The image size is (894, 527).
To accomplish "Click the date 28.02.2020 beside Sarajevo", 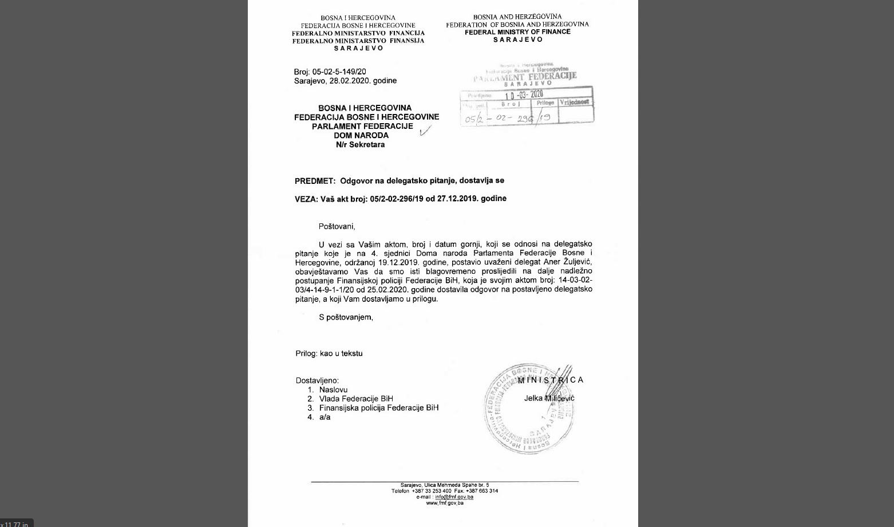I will [x=350, y=81].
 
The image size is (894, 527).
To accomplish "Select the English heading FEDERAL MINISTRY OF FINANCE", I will [x=517, y=32].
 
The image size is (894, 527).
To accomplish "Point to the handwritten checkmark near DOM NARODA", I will [x=425, y=131].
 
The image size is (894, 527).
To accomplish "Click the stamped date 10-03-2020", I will [x=523, y=95].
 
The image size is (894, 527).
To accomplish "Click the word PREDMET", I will [x=314, y=180].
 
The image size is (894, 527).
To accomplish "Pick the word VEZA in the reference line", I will [x=306, y=199].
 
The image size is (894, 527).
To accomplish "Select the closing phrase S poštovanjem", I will [x=346, y=317].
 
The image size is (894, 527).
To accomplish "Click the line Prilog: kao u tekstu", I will [x=329, y=353].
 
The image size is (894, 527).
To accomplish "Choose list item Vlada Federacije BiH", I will [x=356, y=399].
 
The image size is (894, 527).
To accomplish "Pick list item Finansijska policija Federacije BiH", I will [x=379, y=408].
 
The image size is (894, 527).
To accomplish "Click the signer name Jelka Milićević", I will [x=549, y=398].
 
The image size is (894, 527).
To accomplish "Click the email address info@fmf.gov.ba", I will [x=454, y=497].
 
